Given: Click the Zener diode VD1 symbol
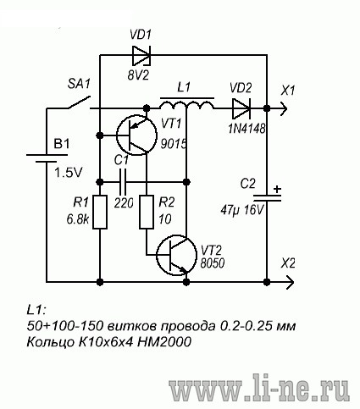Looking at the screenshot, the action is tap(141, 55).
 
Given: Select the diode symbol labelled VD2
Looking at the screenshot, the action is tap(241, 108).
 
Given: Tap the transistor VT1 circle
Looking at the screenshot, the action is tap(136, 135).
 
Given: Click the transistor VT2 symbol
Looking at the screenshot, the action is tap(176, 255).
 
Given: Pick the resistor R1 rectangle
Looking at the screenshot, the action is tap(100, 212).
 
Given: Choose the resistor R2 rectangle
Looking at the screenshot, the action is tap(147, 212).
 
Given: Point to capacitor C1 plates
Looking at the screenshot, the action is tap(123, 182).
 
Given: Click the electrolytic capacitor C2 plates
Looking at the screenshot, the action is tap(267, 198).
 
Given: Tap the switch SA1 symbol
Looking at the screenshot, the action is tap(79, 103).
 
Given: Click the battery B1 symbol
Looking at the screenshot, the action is tap(47, 158).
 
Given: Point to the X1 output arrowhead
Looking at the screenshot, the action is tap(284, 108).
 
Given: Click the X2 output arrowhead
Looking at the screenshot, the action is tap(290, 282).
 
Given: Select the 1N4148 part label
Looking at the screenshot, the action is tap(246, 129).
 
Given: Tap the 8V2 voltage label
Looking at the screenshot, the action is tap(138, 75).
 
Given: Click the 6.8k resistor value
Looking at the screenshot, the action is tap(78, 219).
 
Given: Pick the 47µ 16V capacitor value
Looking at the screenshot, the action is tap(242, 210).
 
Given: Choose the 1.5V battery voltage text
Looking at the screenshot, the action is tap(68, 172).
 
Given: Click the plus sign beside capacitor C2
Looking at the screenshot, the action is tap(278, 189).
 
